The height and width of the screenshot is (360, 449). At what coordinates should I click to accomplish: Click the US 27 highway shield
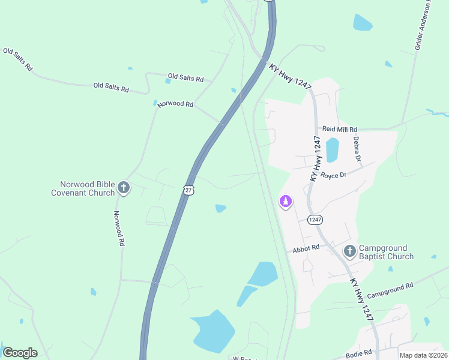click(189, 190)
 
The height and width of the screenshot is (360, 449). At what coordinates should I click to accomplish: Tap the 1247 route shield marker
click(315, 220)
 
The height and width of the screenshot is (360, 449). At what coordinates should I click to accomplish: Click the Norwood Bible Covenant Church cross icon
click(124, 188)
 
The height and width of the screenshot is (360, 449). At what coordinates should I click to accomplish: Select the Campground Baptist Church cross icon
click(349, 252)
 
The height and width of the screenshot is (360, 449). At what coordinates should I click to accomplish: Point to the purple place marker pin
click(286, 202)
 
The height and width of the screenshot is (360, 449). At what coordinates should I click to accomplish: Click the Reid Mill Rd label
click(339, 129)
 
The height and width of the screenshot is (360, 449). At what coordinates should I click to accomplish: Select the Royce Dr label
click(333, 175)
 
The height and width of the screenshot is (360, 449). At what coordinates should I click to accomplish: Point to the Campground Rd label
click(390, 291)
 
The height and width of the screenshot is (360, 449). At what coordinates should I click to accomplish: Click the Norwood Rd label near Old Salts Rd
click(175, 104)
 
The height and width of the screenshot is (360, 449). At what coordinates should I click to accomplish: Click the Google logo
click(20, 353)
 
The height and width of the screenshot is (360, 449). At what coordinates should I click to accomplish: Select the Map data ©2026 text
click(423, 355)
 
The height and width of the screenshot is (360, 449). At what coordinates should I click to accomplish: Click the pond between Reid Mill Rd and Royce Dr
click(332, 149)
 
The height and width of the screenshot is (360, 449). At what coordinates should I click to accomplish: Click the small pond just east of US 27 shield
click(221, 208)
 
